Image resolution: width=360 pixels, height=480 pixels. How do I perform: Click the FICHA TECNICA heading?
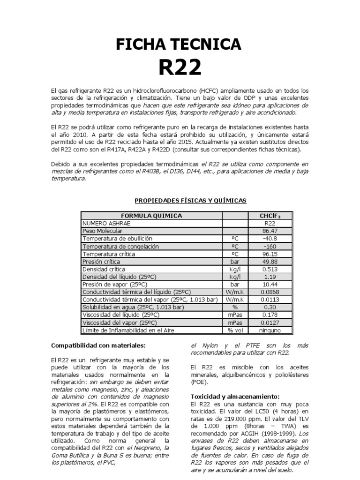[x=180, y=45]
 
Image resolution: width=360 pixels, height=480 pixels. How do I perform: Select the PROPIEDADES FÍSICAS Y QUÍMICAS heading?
[x=190, y=200]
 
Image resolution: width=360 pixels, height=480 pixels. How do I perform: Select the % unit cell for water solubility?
[x=235, y=307]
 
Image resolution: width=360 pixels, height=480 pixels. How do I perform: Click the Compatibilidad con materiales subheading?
[x=98, y=345]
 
